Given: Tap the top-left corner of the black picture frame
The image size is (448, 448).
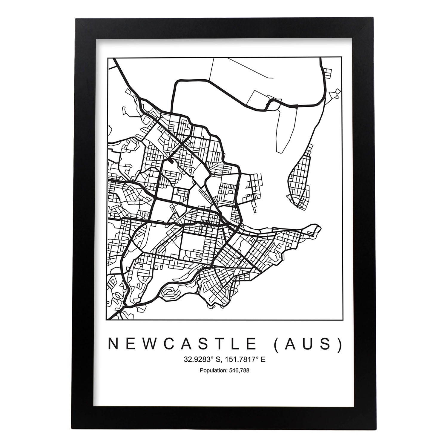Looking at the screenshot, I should click(x=76, y=20).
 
